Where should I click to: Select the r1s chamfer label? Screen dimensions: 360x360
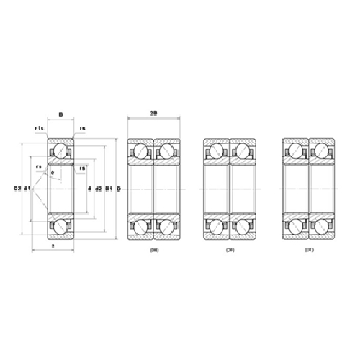point(39,128)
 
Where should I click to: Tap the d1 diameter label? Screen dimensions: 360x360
point(27,189)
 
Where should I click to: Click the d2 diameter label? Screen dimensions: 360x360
point(99,189)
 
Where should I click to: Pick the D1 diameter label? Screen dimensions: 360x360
point(109,189)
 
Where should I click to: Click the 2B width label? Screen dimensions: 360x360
point(153,113)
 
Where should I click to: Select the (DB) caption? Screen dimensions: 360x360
point(153,249)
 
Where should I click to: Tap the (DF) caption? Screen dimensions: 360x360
point(230,249)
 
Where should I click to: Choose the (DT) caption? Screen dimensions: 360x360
point(309,249)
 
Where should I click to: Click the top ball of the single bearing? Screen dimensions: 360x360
point(60,150)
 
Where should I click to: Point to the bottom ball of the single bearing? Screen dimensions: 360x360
point(60,227)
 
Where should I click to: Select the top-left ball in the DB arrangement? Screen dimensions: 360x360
point(140,150)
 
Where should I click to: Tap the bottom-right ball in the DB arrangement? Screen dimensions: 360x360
point(166,227)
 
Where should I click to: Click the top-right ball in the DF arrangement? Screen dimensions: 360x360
point(243,150)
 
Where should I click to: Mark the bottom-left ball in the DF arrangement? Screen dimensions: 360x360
point(217,227)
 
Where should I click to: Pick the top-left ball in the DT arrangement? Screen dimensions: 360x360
point(295,150)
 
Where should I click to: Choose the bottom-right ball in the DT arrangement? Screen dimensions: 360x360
point(321,227)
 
